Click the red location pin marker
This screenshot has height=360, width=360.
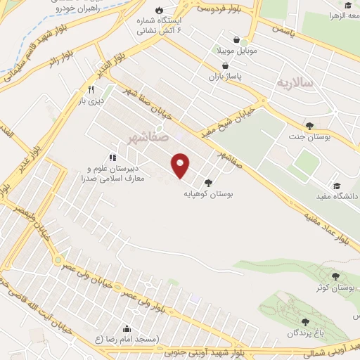click(181, 165)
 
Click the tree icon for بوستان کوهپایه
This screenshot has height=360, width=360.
click(208, 183)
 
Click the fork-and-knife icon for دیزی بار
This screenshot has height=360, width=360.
click(90, 90)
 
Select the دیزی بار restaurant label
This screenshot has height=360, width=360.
click(90, 101)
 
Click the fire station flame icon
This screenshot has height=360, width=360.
click(160, 10)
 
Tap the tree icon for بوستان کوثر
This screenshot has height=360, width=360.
click(335, 276)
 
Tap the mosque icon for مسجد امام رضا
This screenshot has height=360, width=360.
click(127, 328)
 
